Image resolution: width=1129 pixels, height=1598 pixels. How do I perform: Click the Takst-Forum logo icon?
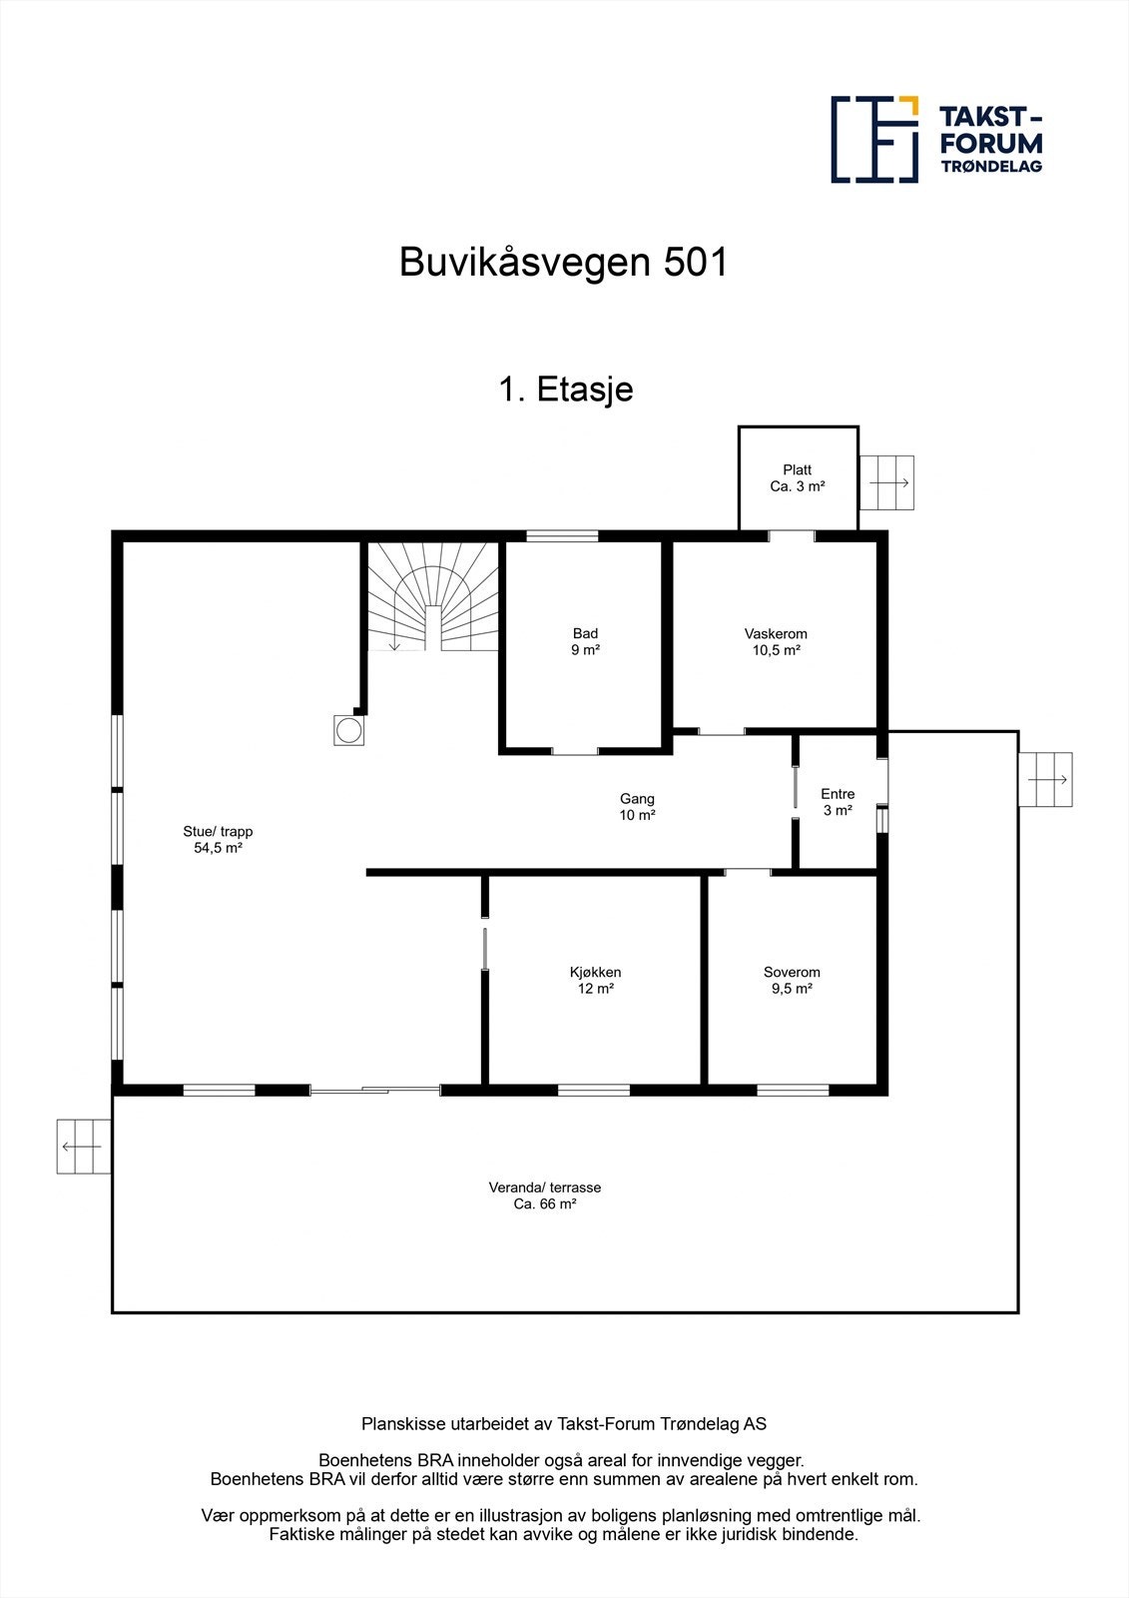coord(874,139)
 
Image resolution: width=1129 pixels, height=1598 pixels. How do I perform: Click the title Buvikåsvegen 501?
coord(564,263)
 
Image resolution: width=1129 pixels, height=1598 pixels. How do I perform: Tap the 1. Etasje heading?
coord(565,389)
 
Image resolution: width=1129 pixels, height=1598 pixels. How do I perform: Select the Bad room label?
coord(585,641)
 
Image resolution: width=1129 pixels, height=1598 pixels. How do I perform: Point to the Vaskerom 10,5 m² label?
coord(776,641)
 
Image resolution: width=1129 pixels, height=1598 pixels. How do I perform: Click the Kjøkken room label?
coord(595,980)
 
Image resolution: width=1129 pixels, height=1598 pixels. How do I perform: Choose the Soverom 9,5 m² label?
coord(792,980)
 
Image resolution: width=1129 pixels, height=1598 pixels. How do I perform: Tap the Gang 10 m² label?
coord(637,806)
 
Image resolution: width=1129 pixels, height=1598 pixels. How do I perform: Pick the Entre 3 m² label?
coord(838,802)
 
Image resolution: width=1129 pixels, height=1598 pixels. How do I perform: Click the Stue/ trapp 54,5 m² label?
coord(218,839)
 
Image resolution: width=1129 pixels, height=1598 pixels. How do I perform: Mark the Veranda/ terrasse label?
coord(544,1196)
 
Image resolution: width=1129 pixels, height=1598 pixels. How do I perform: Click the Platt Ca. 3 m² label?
coord(798,478)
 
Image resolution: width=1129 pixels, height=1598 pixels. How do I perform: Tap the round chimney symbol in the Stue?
coord(348,730)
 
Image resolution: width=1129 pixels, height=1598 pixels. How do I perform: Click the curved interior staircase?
coord(432,596)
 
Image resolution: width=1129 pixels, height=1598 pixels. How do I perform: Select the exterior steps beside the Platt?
coord(886,482)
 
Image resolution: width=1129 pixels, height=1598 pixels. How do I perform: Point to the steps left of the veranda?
coord(82,1147)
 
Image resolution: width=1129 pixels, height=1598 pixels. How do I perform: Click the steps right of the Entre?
coord(1045,779)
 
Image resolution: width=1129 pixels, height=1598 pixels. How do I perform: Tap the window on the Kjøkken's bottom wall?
coord(593,1090)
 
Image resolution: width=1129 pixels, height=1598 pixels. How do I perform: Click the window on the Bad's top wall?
coord(562,536)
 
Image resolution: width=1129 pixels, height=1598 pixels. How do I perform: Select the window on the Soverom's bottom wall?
coord(793,1090)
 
